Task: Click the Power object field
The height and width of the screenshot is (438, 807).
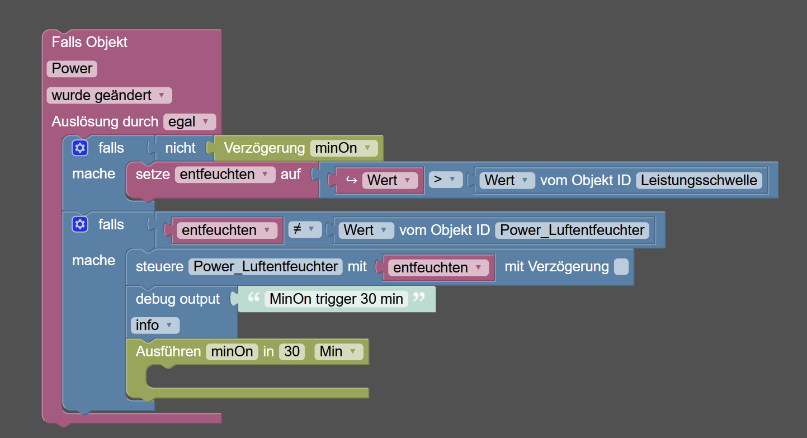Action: click(72, 69)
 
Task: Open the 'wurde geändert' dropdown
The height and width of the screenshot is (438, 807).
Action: click(109, 96)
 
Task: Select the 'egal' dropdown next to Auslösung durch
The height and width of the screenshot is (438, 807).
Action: click(189, 121)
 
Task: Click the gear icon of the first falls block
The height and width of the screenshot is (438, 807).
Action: click(80, 148)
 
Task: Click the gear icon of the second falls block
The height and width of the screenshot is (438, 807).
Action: click(80, 224)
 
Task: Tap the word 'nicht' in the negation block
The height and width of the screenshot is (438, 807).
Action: click(180, 148)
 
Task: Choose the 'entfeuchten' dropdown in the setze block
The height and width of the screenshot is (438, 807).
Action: click(225, 175)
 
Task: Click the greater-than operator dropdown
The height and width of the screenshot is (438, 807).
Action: click(445, 180)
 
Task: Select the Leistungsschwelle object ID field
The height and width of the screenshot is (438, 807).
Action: click(699, 180)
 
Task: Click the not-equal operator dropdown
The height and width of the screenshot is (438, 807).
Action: click(304, 229)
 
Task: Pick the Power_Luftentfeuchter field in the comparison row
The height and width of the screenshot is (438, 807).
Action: click(572, 230)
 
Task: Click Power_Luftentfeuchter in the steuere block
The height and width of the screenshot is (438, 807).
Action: click(266, 267)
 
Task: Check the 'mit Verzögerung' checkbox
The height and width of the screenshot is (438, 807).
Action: click(621, 267)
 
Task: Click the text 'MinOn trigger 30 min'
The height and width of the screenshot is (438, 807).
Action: click(336, 299)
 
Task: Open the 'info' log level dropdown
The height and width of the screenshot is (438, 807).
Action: click(155, 325)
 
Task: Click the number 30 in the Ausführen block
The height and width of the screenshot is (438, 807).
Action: click(292, 352)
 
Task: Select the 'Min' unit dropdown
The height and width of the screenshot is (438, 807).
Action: click(338, 352)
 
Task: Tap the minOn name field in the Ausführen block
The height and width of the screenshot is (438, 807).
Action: click(232, 352)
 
